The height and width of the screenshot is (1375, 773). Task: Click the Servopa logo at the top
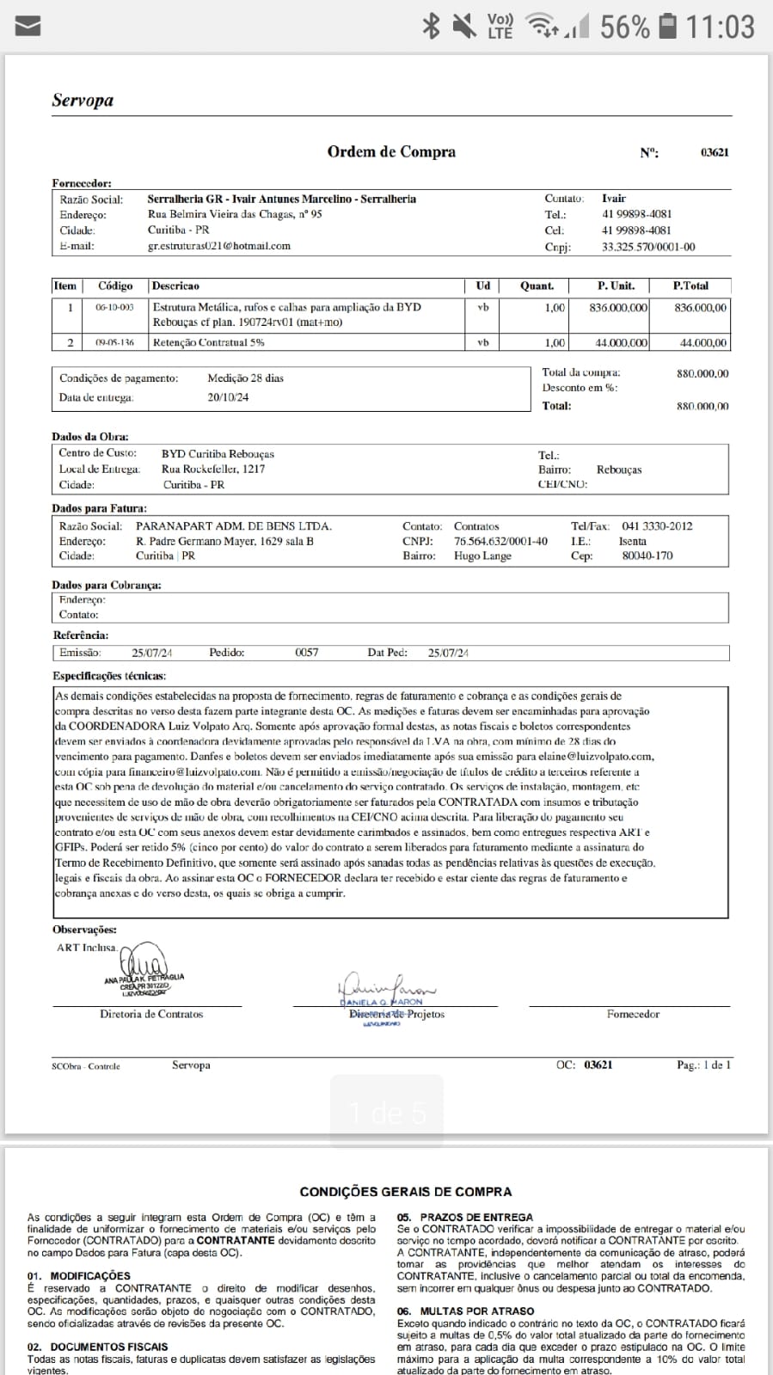(83, 101)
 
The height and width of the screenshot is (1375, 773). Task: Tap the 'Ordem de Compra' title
(391, 152)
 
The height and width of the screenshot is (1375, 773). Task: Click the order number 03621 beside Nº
(715, 152)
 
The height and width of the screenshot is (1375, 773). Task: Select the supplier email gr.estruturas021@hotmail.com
(219, 246)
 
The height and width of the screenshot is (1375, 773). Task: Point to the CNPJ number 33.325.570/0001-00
(648, 247)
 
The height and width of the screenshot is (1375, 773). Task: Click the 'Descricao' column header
(175, 285)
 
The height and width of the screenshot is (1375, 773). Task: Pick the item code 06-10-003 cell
(114, 307)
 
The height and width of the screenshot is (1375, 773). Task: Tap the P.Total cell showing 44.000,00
(702, 342)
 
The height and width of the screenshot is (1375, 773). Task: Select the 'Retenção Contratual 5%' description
(209, 342)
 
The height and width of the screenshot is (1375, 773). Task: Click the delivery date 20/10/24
(228, 397)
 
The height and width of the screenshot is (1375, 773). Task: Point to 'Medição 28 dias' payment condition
(245, 378)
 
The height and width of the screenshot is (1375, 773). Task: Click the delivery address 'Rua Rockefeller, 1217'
(213, 470)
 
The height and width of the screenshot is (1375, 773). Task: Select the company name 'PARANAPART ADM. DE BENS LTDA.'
(234, 526)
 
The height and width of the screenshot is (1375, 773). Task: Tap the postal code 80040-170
(647, 556)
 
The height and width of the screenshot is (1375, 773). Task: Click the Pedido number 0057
(307, 653)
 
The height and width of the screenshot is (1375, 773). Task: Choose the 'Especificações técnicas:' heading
(109, 676)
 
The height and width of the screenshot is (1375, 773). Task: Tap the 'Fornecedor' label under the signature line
(633, 1015)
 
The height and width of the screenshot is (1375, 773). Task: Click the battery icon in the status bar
(667, 27)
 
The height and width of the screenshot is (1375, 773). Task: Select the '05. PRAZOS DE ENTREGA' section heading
(464, 1217)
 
